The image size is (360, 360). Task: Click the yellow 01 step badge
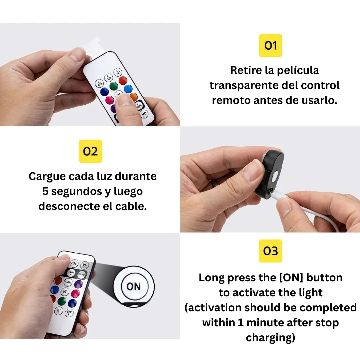click(x=270, y=45)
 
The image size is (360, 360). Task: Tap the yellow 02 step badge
click(x=90, y=151)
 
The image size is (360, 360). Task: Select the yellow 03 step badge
click(x=270, y=251)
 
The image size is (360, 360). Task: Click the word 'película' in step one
click(x=298, y=70)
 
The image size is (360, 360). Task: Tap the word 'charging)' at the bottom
click(x=270, y=338)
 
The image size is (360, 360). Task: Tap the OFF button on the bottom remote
click(x=74, y=263)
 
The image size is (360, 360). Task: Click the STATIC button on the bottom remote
click(x=81, y=275)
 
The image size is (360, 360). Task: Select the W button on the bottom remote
click(x=65, y=292)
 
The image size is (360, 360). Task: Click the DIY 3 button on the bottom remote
click(x=69, y=312)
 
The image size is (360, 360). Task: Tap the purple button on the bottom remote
click(x=78, y=284)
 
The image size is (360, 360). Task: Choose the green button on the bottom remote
click(x=62, y=301)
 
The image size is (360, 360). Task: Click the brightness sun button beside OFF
click(x=84, y=265)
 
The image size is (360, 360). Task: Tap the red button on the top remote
click(x=123, y=80)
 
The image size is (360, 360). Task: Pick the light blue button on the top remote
click(x=128, y=89)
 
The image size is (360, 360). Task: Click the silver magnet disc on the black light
click(x=274, y=176)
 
